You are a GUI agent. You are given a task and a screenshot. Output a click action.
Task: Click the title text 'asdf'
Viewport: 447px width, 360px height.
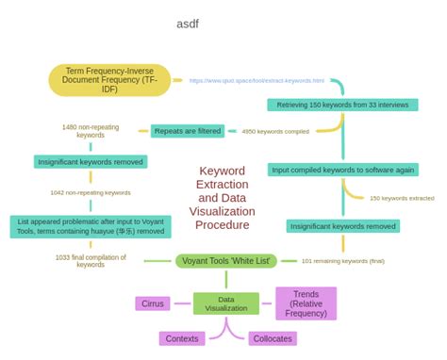[188, 24]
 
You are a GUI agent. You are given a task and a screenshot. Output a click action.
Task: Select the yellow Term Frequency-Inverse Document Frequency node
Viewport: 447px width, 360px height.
[110, 80]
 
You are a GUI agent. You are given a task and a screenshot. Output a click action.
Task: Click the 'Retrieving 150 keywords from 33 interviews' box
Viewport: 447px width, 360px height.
[342, 106]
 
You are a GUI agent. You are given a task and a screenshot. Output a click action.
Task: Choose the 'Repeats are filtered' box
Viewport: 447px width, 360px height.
[188, 131]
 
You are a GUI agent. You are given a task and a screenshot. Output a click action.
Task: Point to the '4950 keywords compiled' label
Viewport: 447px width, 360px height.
[275, 132]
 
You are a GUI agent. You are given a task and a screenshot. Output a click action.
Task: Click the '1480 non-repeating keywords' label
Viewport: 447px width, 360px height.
[91, 131]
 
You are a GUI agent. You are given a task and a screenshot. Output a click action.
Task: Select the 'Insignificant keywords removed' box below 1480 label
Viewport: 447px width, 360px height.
[91, 162]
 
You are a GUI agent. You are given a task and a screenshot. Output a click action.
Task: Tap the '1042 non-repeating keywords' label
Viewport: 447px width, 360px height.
[91, 192]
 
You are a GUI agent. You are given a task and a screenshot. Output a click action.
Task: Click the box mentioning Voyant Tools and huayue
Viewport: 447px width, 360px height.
[91, 226]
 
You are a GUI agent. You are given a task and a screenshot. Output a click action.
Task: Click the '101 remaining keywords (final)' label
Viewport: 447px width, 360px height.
[343, 260]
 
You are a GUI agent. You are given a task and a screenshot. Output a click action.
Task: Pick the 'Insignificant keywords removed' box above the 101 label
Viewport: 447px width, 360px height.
[343, 226]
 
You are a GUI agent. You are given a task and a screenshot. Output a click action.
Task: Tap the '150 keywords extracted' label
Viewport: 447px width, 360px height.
[402, 198]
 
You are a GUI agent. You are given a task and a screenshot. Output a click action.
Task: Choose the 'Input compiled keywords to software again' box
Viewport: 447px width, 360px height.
[342, 170]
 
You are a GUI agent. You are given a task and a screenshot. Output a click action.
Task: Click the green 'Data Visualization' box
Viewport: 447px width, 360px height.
[226, 303]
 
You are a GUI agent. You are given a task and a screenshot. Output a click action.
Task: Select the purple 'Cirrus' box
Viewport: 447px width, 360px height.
[153, 303]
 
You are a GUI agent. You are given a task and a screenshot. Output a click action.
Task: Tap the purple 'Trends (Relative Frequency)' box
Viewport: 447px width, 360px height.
[306, 303]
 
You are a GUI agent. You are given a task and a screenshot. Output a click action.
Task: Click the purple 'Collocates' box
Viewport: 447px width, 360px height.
[273, 338]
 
